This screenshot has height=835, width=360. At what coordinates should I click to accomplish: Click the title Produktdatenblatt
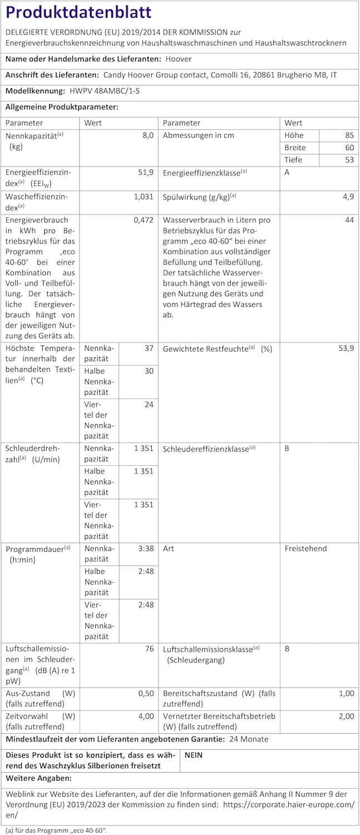(x=78, y=12)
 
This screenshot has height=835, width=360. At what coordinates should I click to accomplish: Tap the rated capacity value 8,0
(x=147, y=136)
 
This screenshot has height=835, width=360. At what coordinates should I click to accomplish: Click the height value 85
(x=349, y=135)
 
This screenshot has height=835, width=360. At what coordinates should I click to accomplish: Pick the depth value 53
(x=349, y=160)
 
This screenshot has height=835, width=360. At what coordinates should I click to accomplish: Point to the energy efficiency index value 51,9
(x=146, y=173)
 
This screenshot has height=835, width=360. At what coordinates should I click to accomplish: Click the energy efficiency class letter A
(x=287, y=173)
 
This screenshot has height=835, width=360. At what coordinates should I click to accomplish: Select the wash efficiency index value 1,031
(x=144, y=197)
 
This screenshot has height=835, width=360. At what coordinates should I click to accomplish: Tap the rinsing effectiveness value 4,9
(x=348, y=197)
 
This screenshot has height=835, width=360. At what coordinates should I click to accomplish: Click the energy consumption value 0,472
(x=144, y=220)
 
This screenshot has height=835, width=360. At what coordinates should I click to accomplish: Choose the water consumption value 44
(x=349, y=220)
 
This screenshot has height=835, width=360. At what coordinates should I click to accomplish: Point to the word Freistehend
(x=305, y=549)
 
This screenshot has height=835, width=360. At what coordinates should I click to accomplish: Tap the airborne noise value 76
(x=149, y=649)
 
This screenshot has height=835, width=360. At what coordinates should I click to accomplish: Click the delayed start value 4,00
(x=146, y=716)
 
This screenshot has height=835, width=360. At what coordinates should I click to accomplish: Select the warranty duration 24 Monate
(x=249, y=739)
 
